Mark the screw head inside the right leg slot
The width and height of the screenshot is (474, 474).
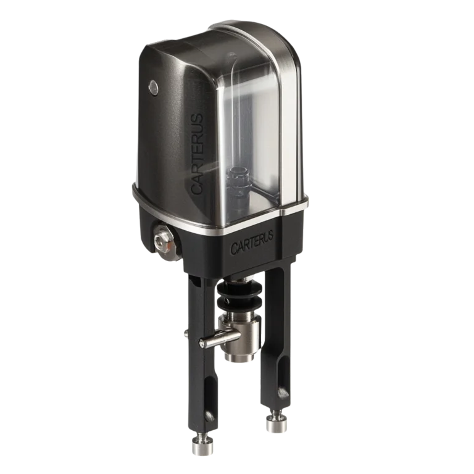pos(283,391)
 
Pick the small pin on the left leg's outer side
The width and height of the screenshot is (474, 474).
pos(185,333)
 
